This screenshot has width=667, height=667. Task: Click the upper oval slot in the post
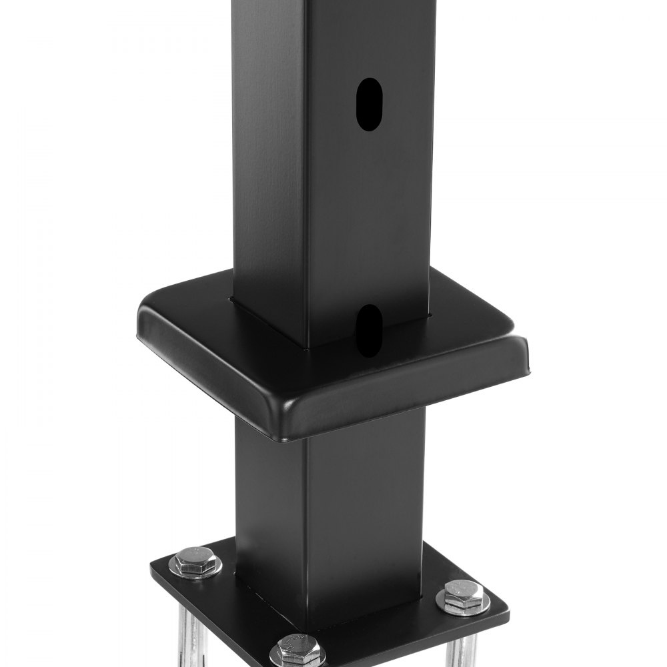tap(368, 104)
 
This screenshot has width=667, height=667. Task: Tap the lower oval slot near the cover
tap(368, 329)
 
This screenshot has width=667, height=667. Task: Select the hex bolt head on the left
tap(195, 562)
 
